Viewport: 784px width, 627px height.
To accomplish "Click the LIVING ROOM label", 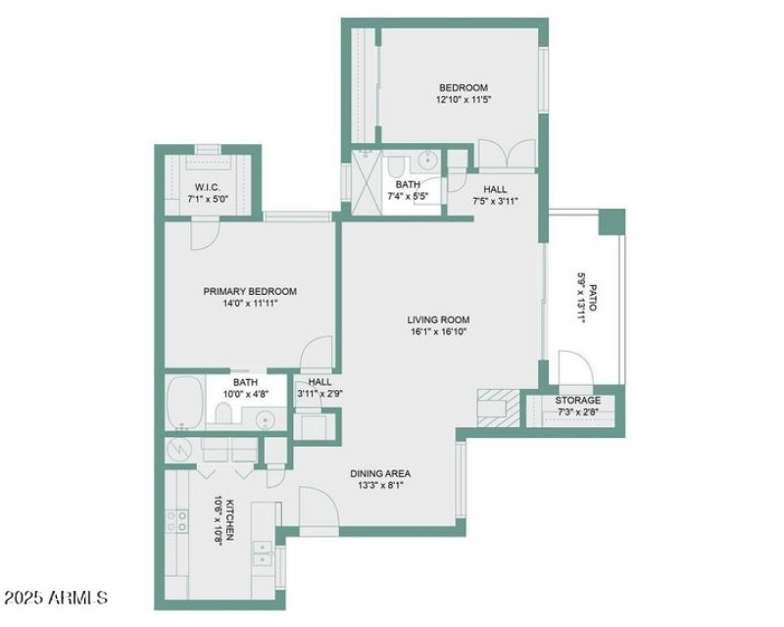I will tap(438, 319).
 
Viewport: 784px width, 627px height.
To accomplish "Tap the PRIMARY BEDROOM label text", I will tap(250, 291).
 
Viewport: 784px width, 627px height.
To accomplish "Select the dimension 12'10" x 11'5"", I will tap(463, 99).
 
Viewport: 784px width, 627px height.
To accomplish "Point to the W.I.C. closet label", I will tap(207, 186).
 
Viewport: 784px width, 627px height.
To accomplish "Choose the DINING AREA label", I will tap(380, 474).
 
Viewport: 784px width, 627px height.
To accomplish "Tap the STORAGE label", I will tap(578, 401).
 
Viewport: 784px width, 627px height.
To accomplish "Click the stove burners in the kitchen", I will tap(177, 521).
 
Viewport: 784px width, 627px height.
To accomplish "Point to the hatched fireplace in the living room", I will tap(496, 405).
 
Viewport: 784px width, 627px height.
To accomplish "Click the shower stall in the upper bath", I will tap(365, 182).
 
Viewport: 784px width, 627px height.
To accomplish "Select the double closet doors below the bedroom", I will tap(506, 156).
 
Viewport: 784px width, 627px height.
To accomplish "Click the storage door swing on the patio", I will tap(571, 369).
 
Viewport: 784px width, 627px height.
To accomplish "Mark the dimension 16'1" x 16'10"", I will tap(438, 332).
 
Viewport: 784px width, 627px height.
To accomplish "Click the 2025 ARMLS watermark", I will tap(55, 597).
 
